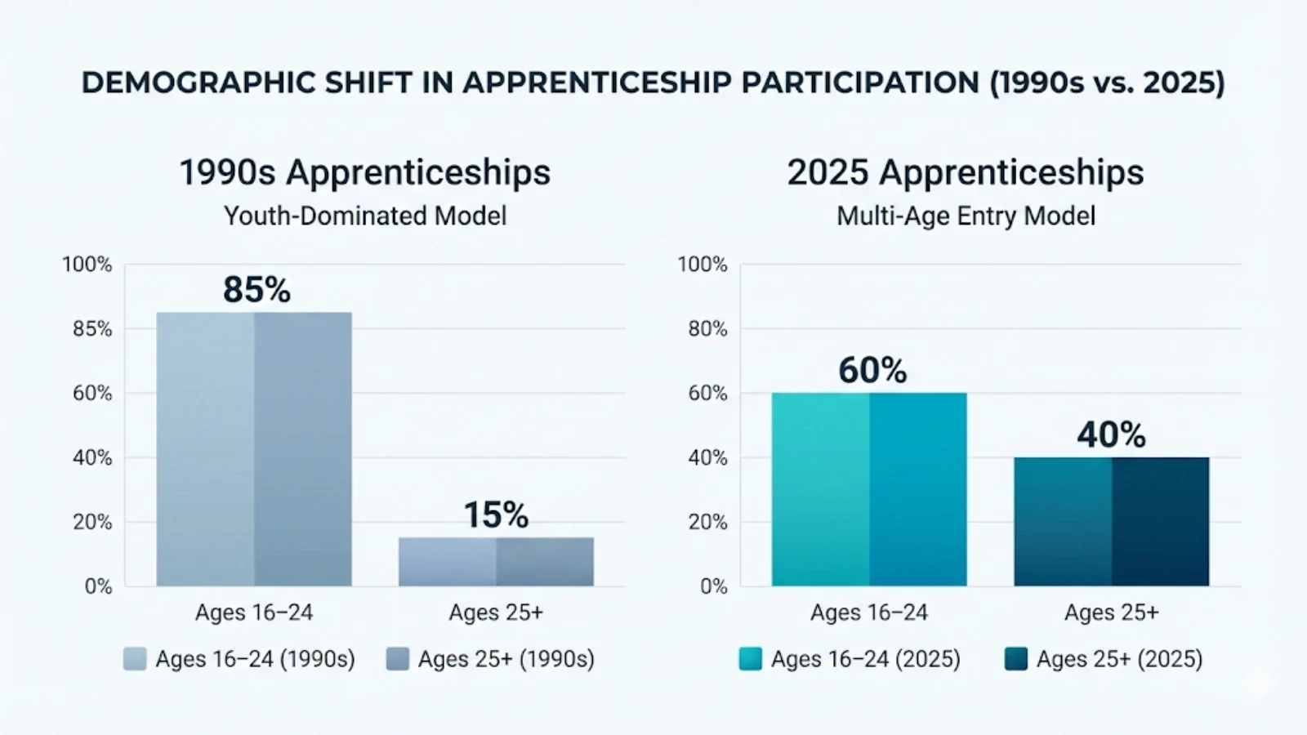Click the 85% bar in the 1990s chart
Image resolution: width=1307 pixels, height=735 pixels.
(x=254, y=449)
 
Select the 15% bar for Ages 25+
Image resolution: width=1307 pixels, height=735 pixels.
(x=496, y=562)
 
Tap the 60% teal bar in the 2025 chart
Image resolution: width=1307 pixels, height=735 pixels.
(x=869, y=490)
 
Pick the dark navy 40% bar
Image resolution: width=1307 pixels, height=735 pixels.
(x=1111, y=522)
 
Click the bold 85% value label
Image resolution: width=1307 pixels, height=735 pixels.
(x=256, y=290)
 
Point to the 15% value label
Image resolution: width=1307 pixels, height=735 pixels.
(x=496, y=515)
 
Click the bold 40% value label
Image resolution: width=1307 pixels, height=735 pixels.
(x=1111, y=434)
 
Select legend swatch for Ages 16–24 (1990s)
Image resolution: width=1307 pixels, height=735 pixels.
(x=135, y=659)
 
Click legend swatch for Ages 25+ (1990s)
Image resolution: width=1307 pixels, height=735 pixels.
(x=398, y=659)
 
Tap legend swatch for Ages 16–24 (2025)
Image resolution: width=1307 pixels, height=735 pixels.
(x=750, y=659)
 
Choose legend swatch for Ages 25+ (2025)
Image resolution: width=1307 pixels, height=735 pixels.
(x=1015, y=659)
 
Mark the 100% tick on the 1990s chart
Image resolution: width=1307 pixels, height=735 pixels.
(x=87, y=265)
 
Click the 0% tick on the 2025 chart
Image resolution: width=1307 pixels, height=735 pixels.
(x=713, y=586)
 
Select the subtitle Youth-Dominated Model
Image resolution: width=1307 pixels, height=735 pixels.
(x=365, y=216)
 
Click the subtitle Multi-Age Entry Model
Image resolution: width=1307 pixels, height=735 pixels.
(x=966, y=216)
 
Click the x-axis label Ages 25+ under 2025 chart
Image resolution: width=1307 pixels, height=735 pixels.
(x=1111, y=612)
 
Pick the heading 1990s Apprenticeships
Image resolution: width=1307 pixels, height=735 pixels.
(x=365, y=172)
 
